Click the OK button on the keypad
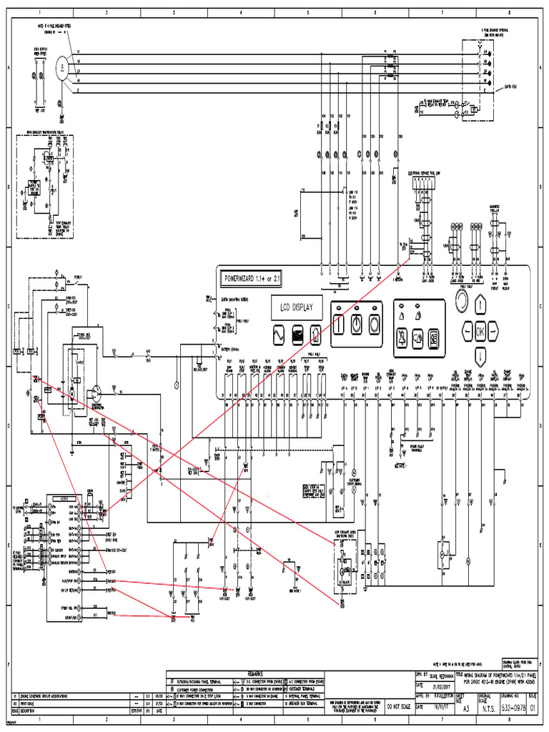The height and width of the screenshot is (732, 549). pos(480,331)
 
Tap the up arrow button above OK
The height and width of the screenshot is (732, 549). pos(480,305)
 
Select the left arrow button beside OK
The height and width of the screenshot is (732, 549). pos(466,331)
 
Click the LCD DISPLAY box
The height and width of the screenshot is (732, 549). pos(296,305)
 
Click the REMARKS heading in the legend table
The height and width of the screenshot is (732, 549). pos(254,673)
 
